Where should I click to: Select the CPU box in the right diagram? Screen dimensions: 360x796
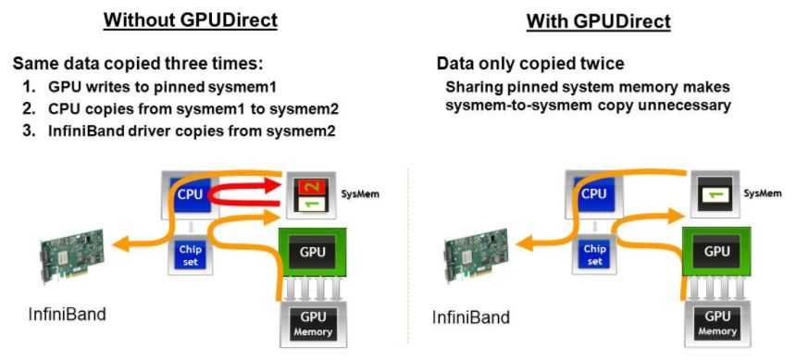coord(592,194)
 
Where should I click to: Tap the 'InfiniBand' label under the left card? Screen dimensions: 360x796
coord(67,314)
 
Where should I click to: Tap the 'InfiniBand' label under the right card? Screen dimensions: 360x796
coord(471,317)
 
